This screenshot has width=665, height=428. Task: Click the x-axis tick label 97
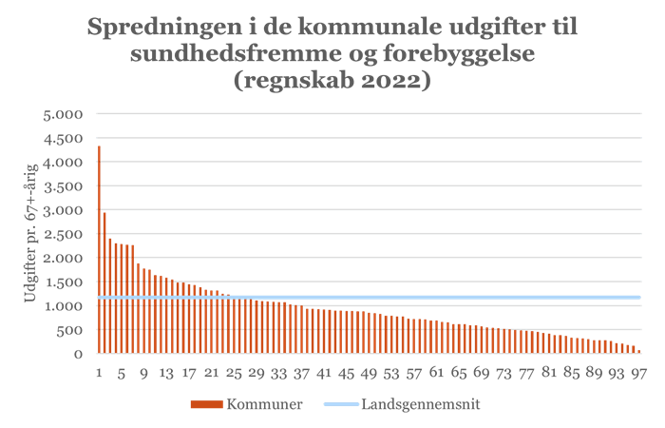coord(639,372)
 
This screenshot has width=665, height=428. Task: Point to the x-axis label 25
coord(234,372)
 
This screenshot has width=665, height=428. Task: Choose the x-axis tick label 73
coord(504,372)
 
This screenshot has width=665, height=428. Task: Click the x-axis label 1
coord(99,372)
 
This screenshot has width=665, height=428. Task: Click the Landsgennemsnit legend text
coord(420,404)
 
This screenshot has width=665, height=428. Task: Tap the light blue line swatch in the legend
coord(340,404)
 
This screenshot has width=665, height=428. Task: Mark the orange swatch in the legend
coord(205,404)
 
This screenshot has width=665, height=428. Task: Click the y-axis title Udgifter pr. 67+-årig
coord(31,234)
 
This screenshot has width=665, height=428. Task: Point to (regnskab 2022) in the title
coord(332,81)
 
